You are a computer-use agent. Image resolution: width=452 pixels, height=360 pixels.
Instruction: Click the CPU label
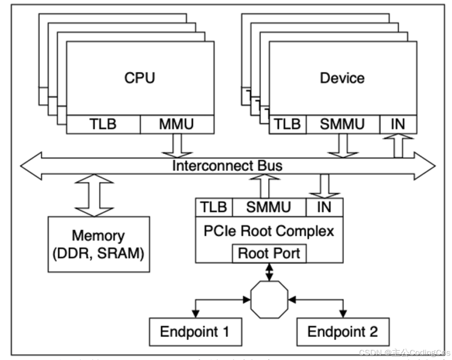140,78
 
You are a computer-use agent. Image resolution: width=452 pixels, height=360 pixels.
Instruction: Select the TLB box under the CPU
103,124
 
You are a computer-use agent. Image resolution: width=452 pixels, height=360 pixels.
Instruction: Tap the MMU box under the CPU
176,124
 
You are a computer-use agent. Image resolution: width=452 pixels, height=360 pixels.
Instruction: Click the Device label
342,78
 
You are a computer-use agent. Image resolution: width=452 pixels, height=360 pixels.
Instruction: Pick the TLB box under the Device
287,124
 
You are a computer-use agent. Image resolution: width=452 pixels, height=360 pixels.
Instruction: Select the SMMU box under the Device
342,124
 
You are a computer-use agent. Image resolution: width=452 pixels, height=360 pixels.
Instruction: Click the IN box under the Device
398,124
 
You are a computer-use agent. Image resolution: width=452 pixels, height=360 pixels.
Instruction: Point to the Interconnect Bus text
227,165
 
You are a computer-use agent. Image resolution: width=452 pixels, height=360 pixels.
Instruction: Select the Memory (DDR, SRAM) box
99,244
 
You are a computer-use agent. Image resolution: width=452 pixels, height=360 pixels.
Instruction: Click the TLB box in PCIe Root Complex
214,207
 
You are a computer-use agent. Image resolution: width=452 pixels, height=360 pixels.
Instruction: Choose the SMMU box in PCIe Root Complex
269,207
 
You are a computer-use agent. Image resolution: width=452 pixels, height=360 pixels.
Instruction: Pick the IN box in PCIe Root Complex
325,207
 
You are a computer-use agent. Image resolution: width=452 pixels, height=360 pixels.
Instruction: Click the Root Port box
269,253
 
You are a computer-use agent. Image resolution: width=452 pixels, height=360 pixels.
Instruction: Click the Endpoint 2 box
342,331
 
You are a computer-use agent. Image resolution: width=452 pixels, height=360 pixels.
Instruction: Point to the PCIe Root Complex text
269,231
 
